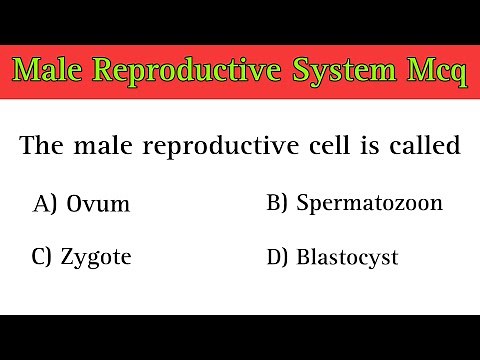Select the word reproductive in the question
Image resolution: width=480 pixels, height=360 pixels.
(234, 148)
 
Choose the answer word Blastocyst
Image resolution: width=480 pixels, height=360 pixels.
(347, 258)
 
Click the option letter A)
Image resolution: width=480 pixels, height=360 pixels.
(45, 205)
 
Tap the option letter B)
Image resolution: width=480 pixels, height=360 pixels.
(278, 204)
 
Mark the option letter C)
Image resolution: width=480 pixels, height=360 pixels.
(45, 258)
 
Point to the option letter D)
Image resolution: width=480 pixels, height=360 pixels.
(278, 258)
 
